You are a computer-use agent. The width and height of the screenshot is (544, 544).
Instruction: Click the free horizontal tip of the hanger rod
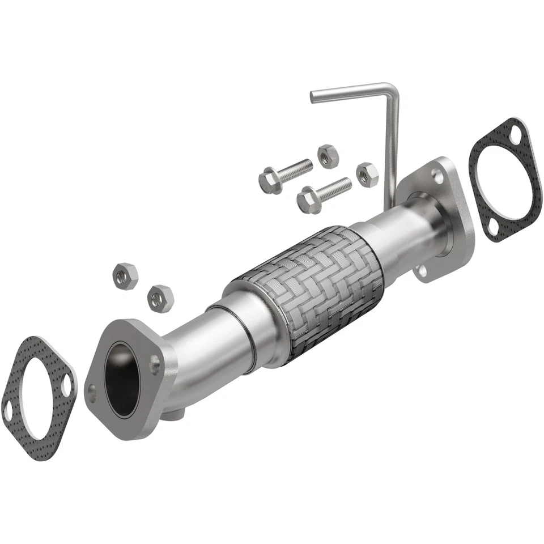pyautogui.click(x=313, y=97)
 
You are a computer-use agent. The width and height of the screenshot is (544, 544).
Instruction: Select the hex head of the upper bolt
pyautogui.click(x=270, y=181)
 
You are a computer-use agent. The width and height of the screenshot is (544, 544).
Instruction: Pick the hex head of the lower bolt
pyautogui.click(x=309, y=199)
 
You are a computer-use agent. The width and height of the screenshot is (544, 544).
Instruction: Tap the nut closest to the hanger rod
pyautogui.click(x=367, y=174)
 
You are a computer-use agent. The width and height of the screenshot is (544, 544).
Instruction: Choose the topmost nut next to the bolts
pyautogui.click(x=328, y=155)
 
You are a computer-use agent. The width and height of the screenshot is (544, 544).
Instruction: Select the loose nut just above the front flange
pyautogui.click(x=160, y=298)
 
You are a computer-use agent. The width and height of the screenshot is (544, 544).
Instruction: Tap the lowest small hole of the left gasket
pyautogui.click(x=8, y=412)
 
